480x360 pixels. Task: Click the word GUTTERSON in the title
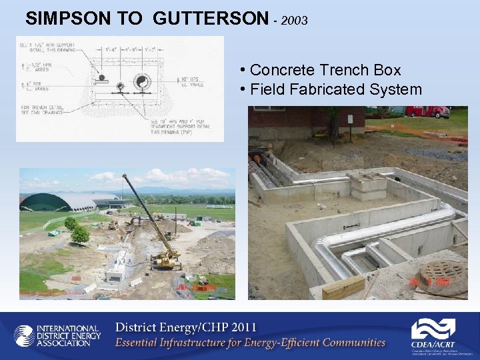(x=210, y=19)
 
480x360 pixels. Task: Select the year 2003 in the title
(x=295, y=21)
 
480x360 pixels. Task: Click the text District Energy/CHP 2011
(x=186, y=328)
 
